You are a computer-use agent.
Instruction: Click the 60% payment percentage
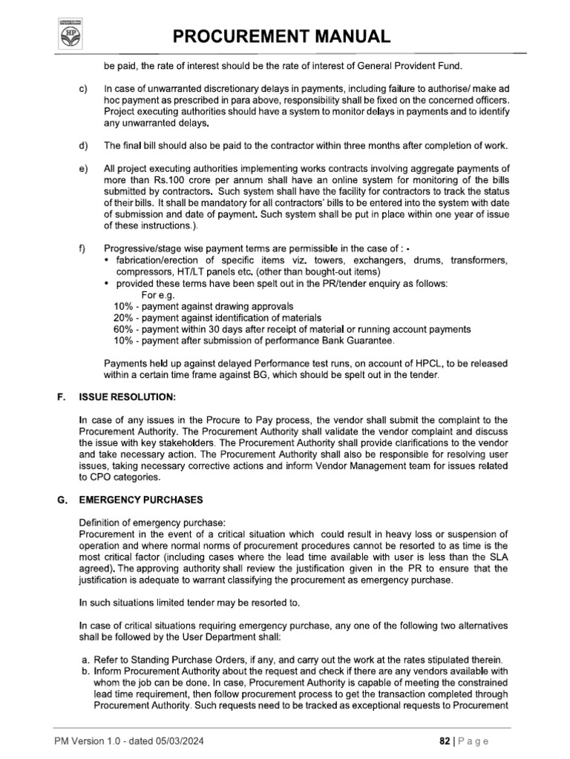point(122,329)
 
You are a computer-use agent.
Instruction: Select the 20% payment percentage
point(122,318)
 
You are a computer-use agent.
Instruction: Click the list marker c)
point(83,89)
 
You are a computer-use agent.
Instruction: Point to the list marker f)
point(82,248)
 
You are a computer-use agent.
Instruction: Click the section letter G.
point(62,500)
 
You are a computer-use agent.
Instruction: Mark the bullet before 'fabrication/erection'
point(108,261)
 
